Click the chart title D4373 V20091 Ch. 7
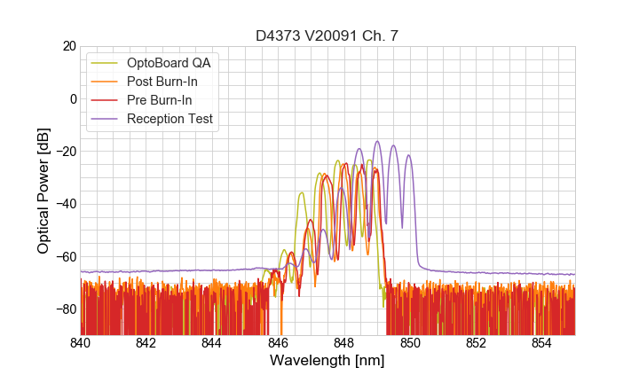(327, 35)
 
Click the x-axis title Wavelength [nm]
(327, 362)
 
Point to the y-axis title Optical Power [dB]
(43, 191)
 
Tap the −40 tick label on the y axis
(63, 204)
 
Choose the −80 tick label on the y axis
(63, 309)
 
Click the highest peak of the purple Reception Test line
(377, 141)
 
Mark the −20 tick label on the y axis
(63, 152)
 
